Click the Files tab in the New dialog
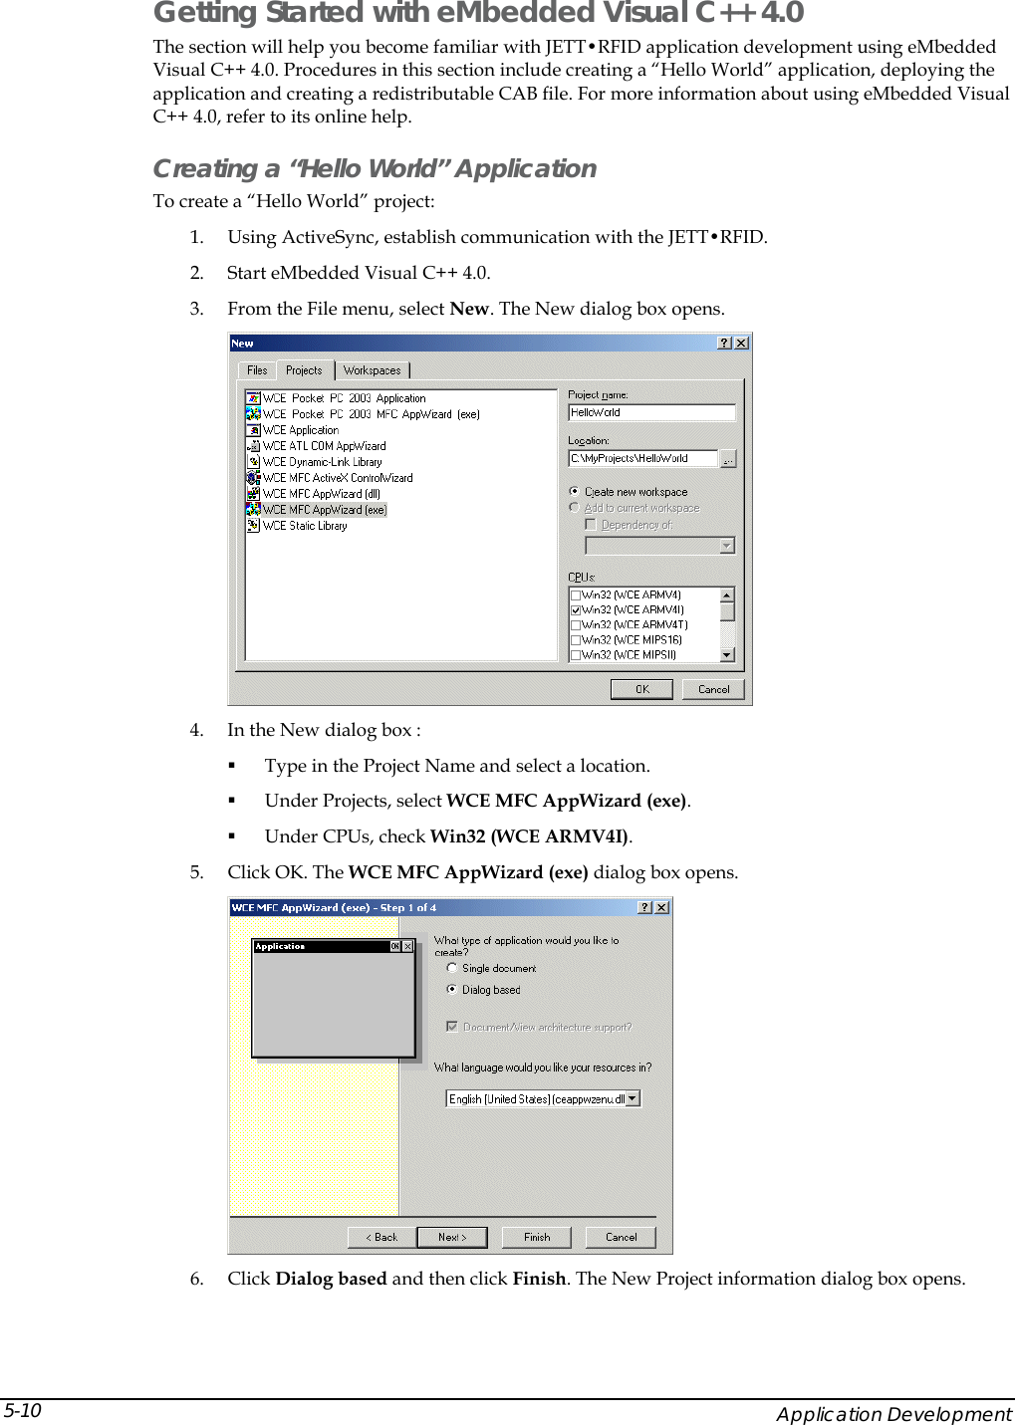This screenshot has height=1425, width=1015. (257, 370)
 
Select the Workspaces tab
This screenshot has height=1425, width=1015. (372, 370)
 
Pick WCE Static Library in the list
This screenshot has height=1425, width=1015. (305, 526)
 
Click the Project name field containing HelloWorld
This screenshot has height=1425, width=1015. (650, 412)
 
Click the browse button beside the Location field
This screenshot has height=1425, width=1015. (728, 459)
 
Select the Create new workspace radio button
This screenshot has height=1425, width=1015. (575, 492)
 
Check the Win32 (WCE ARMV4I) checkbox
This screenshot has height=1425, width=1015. (576, 610)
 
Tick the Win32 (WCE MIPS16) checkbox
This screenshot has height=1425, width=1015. (576, 640)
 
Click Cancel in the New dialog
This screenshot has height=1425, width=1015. (713, 689)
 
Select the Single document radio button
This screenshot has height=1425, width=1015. (452, 968)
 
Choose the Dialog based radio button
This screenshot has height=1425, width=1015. (452, 990)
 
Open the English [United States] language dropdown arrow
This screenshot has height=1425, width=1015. (633, 1099)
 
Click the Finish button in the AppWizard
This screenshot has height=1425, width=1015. (537, 1237)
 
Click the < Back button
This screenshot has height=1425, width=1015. (381, 1237)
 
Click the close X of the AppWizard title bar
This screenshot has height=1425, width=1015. (661, 907)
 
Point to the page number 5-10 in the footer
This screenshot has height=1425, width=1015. (23, 1410)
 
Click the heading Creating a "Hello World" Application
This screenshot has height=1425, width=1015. (375, 168)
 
